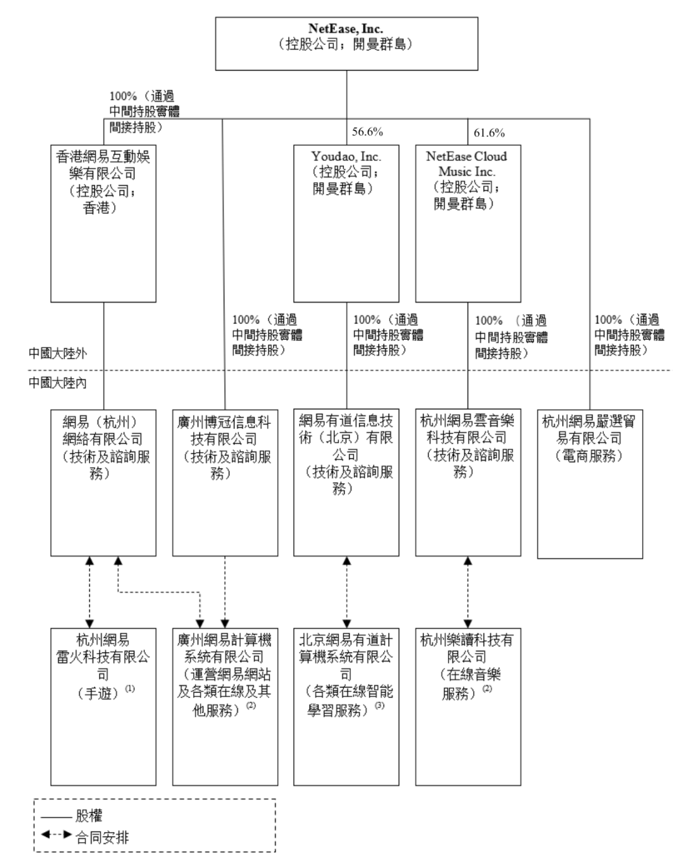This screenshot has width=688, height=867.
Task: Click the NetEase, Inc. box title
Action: (346, 29)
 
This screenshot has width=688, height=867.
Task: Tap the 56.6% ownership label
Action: (368, 132)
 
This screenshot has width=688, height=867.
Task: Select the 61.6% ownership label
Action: (489, 132)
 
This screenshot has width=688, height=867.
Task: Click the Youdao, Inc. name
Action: (346, 157)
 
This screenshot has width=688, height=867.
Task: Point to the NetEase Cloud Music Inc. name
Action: (466, 164)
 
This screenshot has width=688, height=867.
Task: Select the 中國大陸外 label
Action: (57, 353)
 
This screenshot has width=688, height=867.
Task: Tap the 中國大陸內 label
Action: (57, 383)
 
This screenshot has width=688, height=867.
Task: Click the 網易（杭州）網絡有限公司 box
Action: (103, 482)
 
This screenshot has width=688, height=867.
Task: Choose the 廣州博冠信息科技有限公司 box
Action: (225, 482)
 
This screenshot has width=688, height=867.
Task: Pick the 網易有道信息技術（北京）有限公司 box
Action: (346, 482)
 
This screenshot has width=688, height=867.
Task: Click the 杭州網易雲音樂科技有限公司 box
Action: (468, 482)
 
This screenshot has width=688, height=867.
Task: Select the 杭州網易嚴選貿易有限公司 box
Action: (589, 484)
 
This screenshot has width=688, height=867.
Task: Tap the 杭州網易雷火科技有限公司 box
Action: (103, 707)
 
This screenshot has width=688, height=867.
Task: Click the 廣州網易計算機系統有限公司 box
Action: (225, 707)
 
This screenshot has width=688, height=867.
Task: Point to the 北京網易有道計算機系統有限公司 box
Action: (346, 707)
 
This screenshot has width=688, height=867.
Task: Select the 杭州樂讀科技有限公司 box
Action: (468, 707)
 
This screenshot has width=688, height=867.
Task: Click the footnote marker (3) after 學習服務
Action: (380, 706)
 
